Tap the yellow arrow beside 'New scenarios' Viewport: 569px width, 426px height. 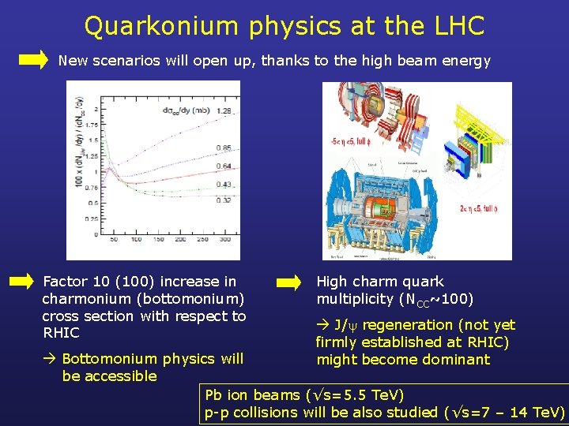click(33, 60)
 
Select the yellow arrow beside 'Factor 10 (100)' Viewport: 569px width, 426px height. click(21, 281)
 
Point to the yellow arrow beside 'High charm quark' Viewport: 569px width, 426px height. click(289, 281)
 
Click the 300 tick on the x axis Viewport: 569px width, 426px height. click(224, 239)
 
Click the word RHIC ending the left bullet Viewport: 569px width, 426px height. click(61, 333)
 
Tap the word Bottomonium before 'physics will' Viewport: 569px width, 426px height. click(110, 359)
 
